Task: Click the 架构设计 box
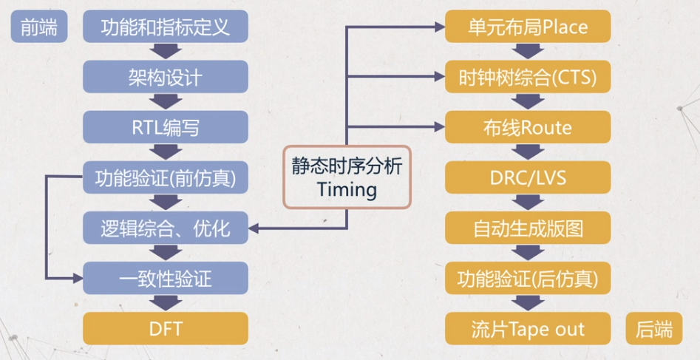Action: coord(165,77)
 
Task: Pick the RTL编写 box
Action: coord(165,127)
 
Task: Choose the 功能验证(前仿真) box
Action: coord(165,178)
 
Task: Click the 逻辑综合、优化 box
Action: coord(165,228)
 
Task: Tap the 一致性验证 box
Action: coord(165,279)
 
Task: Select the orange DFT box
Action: coord(165,329)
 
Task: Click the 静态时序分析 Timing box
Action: coord(347,177)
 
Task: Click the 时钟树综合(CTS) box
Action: coord(528,77)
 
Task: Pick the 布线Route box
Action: coord(528,127)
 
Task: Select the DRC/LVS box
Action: coord(528,178)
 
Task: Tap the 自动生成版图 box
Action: coord(528,228)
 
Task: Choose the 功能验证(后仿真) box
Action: coord(528,279)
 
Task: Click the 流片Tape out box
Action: coord(528,329)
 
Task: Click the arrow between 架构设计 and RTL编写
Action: coord(165,102)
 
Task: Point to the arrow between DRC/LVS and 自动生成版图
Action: coord(528,203)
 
